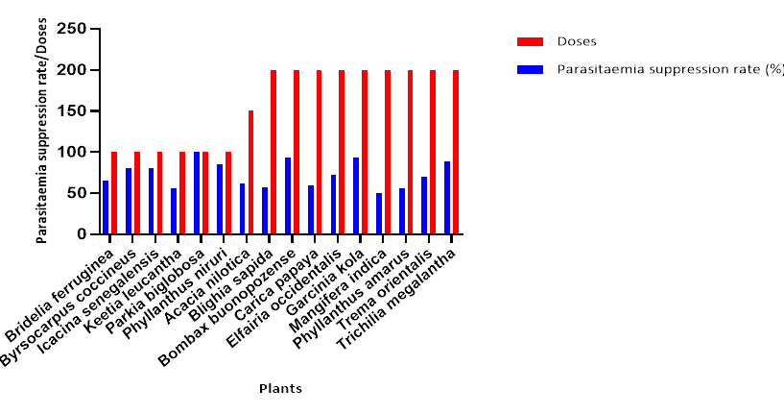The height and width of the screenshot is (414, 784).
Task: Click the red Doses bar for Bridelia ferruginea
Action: pyautogui.click(x=114, y=193)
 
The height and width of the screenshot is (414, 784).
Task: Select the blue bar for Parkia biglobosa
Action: pyautogui.click(x=197, y=193)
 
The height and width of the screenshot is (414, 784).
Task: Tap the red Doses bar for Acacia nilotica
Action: pyautogui.click(x=251, y=173)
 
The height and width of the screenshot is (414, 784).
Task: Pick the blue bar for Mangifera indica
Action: pyautogui.click(x=379, y=213)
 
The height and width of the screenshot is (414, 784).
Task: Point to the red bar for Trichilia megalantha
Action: pyautogui.click(x=456, y=152)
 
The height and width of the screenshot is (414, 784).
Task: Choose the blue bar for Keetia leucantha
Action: pyautogui.click(x=174, y=211)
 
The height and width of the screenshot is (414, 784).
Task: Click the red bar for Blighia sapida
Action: pyautogui.click(x=273, y=152)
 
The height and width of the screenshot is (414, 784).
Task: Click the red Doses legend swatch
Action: pyautogui.click(x=530, y=41)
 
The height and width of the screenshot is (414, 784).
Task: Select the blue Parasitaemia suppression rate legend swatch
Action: pyautogui.click(x=530, y=69)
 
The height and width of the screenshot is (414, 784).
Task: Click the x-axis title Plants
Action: pyautogui.click(x=280, y=389)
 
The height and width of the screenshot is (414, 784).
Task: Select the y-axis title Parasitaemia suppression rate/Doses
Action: pyautogui.click(x=42, y=134)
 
